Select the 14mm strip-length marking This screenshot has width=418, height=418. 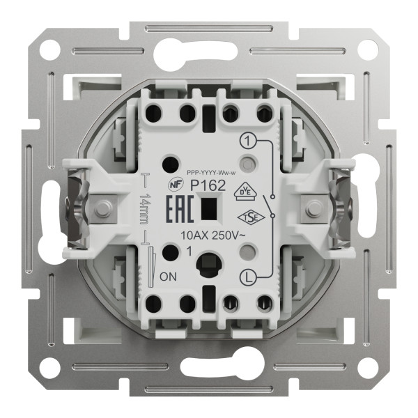click(x=144, y=208)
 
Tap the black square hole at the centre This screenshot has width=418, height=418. click(x=207, y=209)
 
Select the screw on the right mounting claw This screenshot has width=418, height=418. click(x=313, y=208)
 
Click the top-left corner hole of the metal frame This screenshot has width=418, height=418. click(x=49, y=49)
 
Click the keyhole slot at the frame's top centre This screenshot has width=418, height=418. click(x=209, y=50)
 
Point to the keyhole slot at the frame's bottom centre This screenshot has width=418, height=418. click(x=209, y=367)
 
